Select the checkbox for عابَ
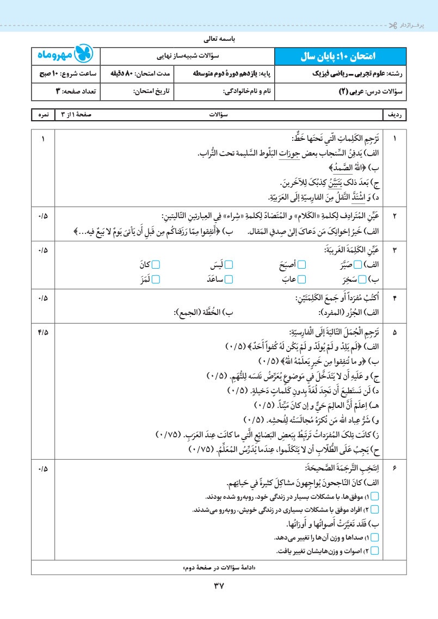tap(302, 279)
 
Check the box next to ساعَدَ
tap(229, 279)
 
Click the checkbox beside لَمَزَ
tap(156, 279)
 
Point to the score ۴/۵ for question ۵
tap(44, 332)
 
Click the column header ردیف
tap(394, 115)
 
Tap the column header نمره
tap(43, 115)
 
